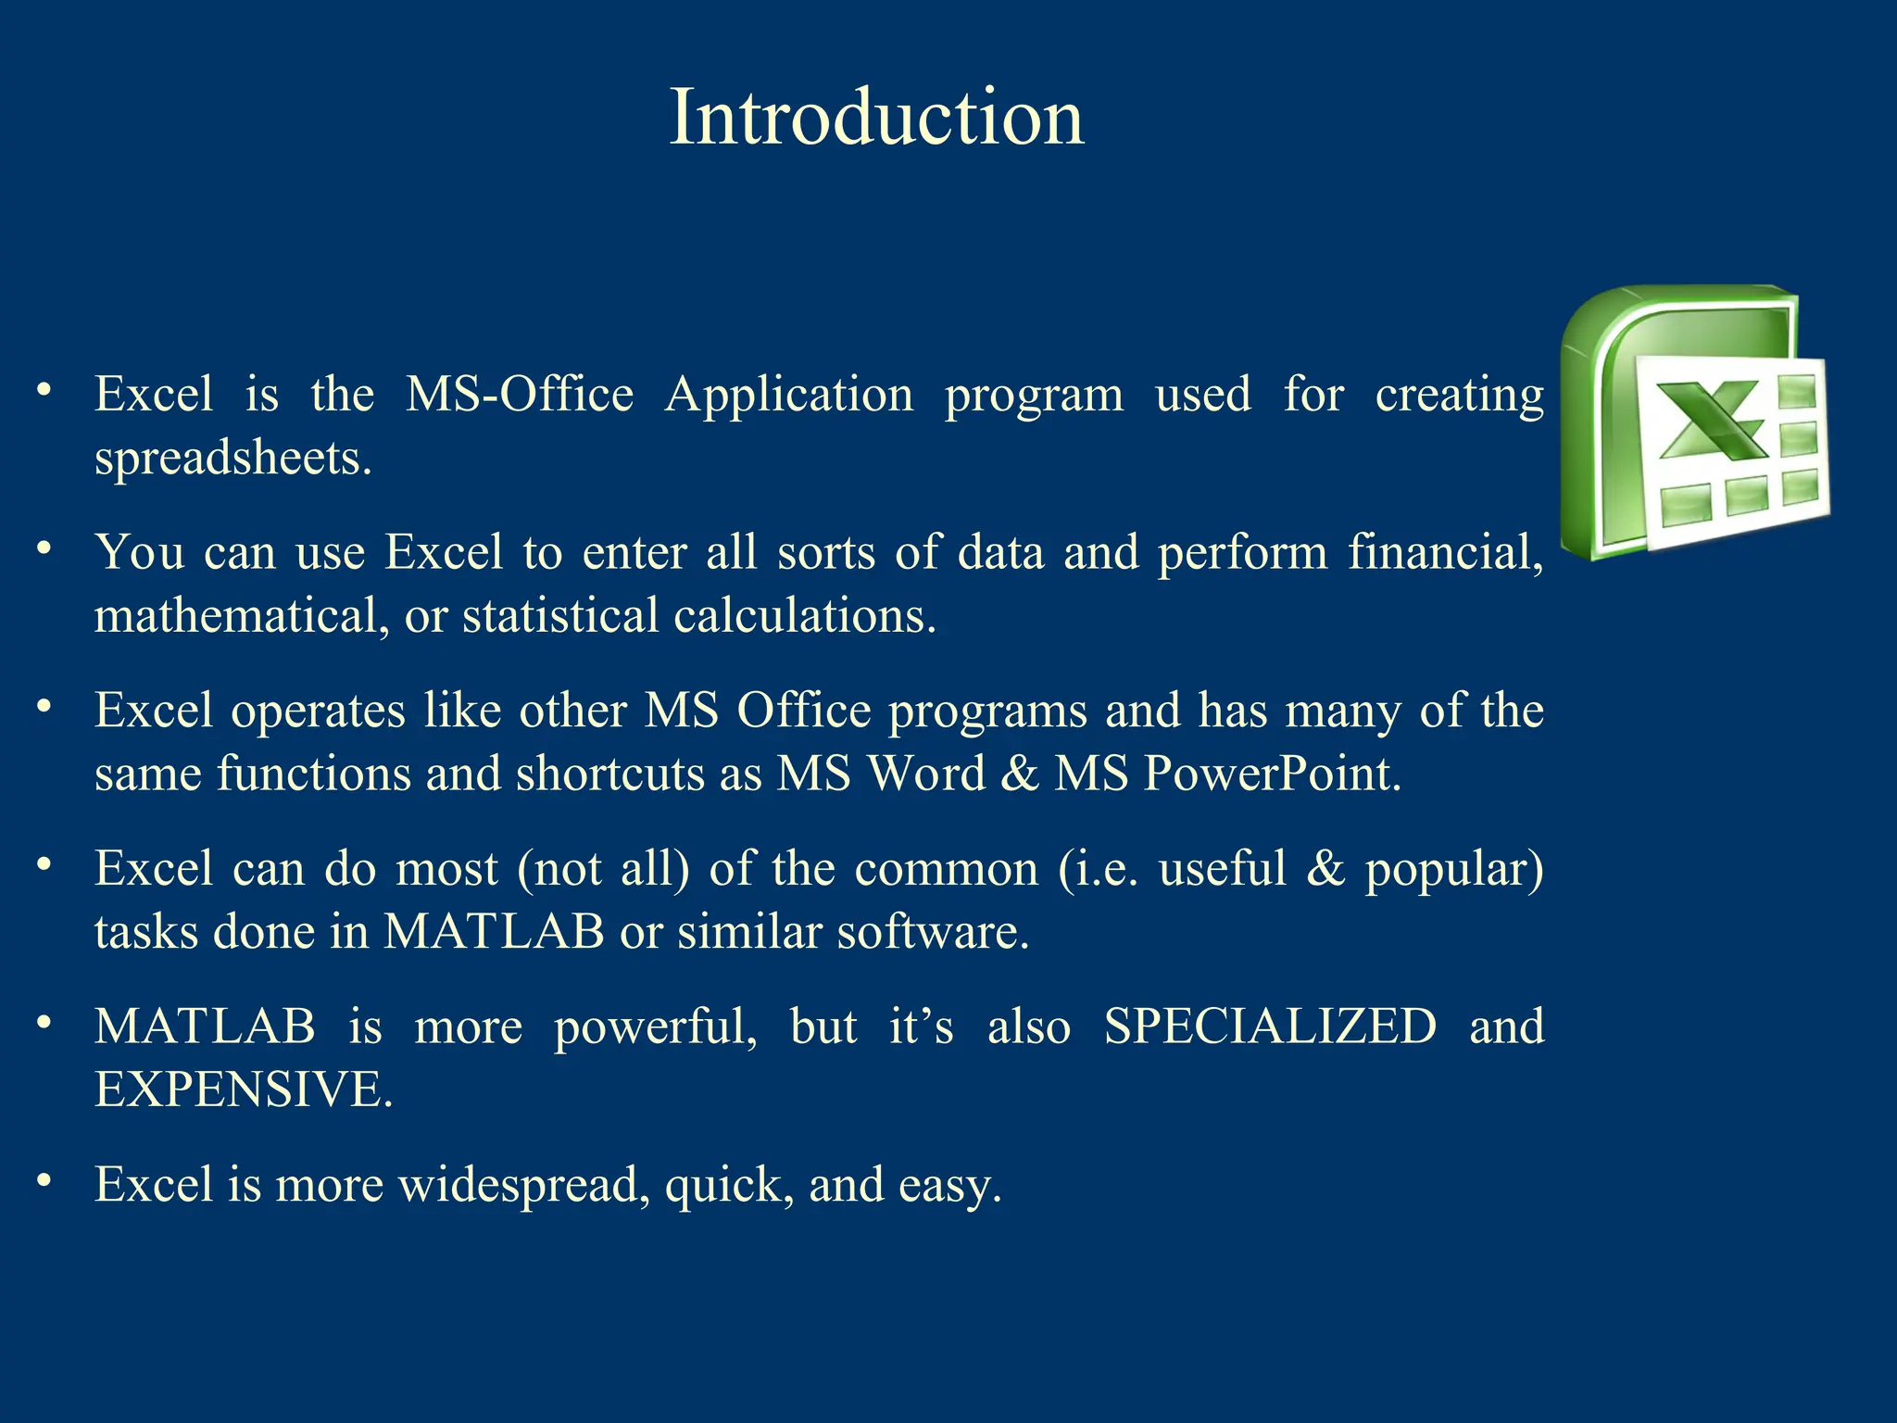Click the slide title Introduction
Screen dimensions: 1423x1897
(875, 117)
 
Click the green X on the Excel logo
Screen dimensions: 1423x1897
(1711, 422)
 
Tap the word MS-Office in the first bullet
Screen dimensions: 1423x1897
(520, 394)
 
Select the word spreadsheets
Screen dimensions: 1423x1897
(232, 458)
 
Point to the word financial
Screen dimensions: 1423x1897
(1445, 552)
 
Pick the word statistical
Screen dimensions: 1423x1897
(559, 616)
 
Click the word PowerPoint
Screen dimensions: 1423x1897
(1272, 774)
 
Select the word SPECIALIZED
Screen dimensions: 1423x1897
(1270, 1026)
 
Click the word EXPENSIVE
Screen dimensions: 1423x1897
(243, 1089)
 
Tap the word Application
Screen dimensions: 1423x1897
(789, 394)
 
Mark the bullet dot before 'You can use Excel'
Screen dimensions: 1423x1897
(44, 548)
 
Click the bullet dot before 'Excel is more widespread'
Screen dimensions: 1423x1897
(44, 1180)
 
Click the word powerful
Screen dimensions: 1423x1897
(656, 1026)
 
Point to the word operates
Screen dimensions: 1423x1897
(318, 711)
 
